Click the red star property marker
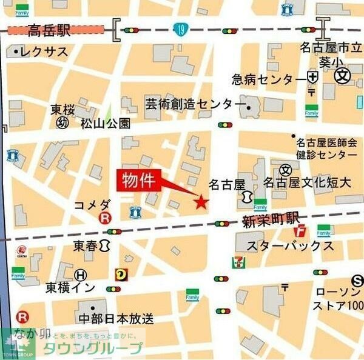pos(201,202)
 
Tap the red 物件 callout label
pos(139,180)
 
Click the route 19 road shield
pos(179,29)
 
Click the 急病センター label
pos(269,79)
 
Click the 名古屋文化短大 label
pos(306,182)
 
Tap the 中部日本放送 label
pos(115,318)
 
